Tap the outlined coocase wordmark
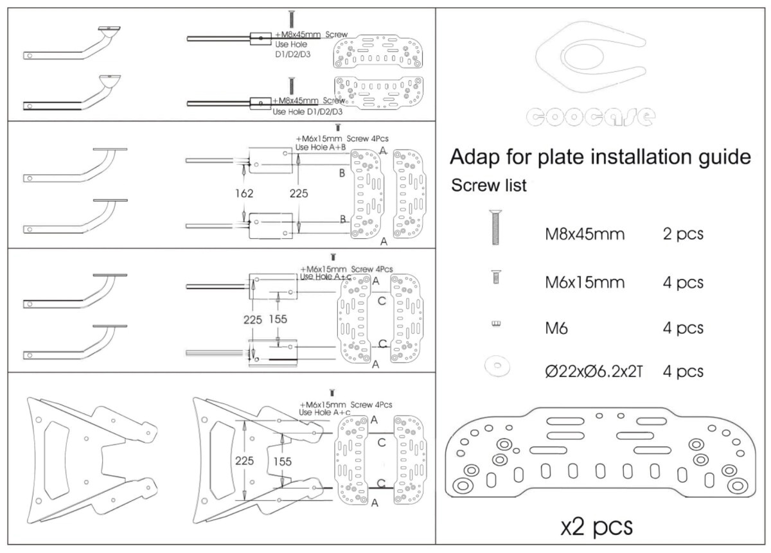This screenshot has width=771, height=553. coord(590,116)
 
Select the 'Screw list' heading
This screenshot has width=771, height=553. coord(489,186)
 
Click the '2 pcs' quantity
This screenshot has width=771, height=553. coord(683,234)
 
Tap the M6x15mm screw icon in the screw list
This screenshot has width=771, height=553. coord(495,277)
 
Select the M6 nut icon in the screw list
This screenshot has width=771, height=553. coord(495,324)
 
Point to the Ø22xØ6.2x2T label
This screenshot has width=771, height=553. coord(594,371)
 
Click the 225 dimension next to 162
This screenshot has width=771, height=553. coord(299,193)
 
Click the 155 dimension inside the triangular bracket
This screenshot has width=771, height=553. coord(282,461)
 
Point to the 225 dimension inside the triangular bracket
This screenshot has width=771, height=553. coord(244,461)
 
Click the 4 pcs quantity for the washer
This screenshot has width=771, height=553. coord(683,371)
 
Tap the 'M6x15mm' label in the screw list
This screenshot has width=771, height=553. coord(584,282)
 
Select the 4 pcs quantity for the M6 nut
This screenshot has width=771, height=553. coord(683,328)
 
